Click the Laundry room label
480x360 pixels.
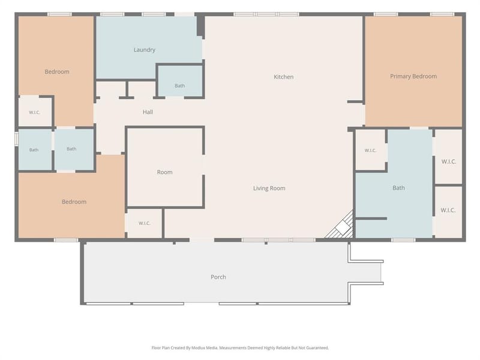[x=144, y=50]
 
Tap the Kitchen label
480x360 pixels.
[x=283, y=77]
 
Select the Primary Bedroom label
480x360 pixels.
[x=413, y=76]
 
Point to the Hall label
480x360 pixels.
[x=148, y=112]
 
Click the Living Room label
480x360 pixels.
[x=269, y=188]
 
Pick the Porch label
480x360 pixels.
[x=218, y=277]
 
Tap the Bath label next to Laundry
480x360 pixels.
[x=179, y=86]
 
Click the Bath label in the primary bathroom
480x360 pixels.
[x=398, y=188]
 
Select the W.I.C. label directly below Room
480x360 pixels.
[x=144, y=223]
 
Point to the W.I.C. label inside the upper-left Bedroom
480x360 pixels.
[x=34, y=112]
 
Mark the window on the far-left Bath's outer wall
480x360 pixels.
[x=17, y=138]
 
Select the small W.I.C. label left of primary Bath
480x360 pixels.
[x=370, y=151]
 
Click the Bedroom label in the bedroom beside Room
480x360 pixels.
[x=74, y=202]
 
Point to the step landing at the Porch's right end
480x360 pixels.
[x=366, y=272]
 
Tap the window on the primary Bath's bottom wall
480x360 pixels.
[x=403, y=240]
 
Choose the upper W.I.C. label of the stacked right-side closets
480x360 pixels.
[x=449, y=161]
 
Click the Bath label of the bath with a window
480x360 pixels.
[x=34, y=149]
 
